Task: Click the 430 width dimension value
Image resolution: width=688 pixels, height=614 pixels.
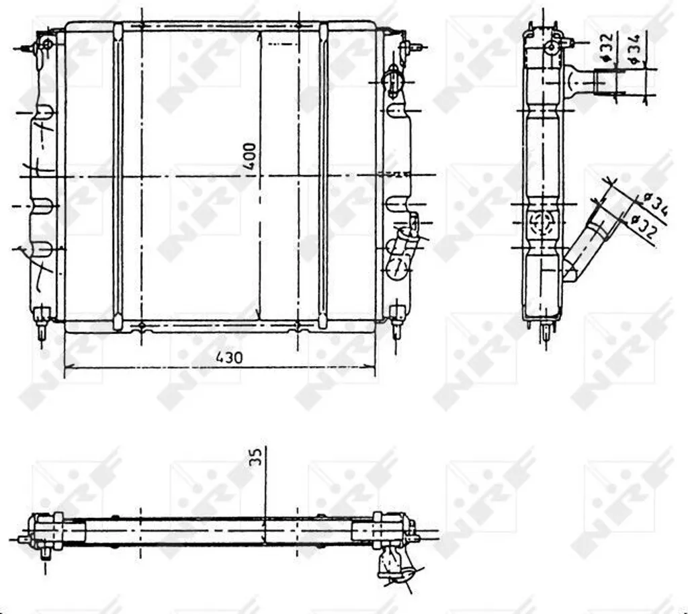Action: click(x=228, y=357)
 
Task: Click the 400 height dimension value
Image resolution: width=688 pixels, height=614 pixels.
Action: click(x=250, y=156)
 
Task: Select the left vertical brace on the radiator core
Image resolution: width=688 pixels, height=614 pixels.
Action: click(x=118, y=176)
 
